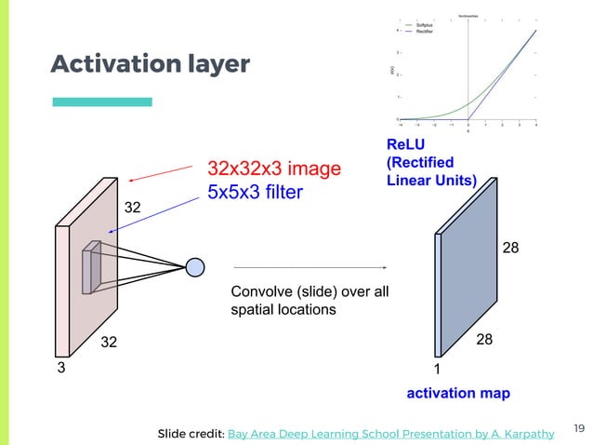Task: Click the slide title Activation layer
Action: [x=150, y=64]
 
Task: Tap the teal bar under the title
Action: [x=101, y=101]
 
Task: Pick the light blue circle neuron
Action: [x=194, y=267]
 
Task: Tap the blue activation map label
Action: [x=458, y=394]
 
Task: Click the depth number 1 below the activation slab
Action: [x=438, y=370]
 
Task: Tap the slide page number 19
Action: [x=578, y=428]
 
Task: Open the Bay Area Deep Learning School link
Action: [x=391, y=433]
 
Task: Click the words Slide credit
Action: [x=191, y=433]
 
